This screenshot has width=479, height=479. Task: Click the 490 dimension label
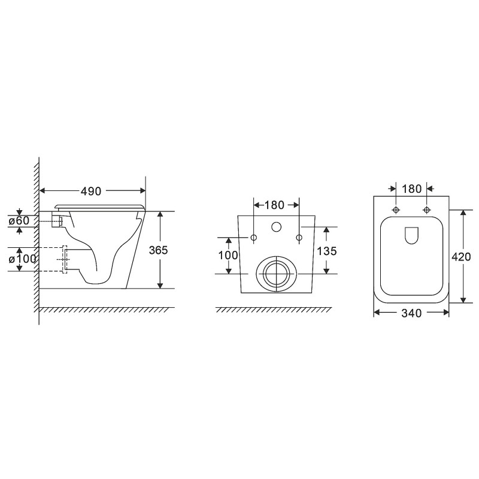pos(91,191)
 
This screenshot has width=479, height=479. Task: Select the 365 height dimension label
pos(158,250)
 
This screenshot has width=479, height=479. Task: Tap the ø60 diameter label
pos(19,220)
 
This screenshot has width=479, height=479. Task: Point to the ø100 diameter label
pos(22,259)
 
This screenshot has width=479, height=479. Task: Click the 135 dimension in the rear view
pos(326,251)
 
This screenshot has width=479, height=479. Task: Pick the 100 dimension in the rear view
pos(228,255)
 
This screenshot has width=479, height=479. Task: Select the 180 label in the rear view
pos(274,205)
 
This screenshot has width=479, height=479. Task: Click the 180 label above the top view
pos(411,189)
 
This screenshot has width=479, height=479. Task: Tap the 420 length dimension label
pos(461,257)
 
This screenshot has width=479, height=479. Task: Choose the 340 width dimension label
pos(411,313)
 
